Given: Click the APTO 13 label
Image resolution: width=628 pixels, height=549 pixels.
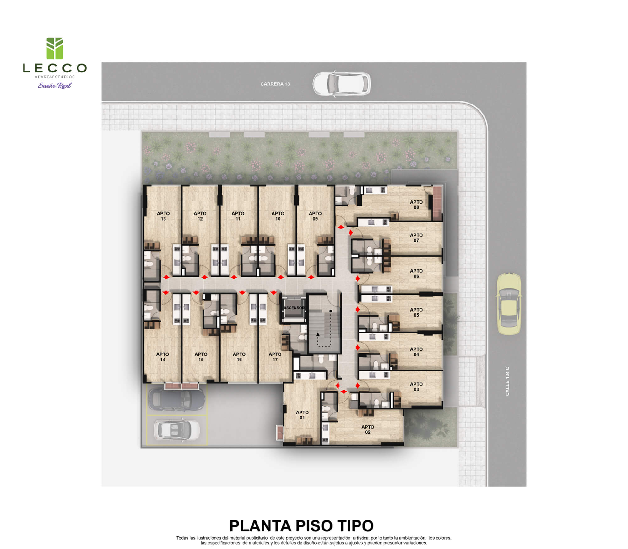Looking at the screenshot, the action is [163, 216].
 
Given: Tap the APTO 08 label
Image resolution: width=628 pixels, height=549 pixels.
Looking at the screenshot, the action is [416, 205].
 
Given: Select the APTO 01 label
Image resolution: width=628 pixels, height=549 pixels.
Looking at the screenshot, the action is [302, 415].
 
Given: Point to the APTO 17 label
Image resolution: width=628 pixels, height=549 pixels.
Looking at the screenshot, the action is [275, 357].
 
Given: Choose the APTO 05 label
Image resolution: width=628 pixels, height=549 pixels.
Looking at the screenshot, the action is [416, 312].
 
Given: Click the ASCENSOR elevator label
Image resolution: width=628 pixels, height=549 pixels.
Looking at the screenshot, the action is [294, 308].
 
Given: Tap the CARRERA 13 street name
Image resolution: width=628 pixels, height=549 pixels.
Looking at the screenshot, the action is [275, 84].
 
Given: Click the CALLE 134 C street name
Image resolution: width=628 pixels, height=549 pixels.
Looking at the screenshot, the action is [507, 381].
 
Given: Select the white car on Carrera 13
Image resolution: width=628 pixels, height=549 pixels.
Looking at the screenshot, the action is [342, 84].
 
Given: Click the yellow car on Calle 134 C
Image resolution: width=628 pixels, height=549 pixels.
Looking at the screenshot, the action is [509, 304].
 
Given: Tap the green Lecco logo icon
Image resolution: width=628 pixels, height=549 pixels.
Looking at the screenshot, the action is [55, 48].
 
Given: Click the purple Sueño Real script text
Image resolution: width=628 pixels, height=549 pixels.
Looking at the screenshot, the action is [55, 85].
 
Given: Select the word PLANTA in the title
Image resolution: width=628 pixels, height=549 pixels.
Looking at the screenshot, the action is [260, 526].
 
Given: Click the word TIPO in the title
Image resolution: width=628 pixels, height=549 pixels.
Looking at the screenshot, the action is [355, 526].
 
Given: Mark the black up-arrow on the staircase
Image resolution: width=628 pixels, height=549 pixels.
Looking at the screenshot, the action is [318, 335].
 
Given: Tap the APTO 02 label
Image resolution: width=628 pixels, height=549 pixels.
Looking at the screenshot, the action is [368, 429].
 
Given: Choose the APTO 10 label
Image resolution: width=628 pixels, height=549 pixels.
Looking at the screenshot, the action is [278, 216].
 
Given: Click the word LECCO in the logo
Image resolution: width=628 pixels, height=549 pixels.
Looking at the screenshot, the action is [55, 68].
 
